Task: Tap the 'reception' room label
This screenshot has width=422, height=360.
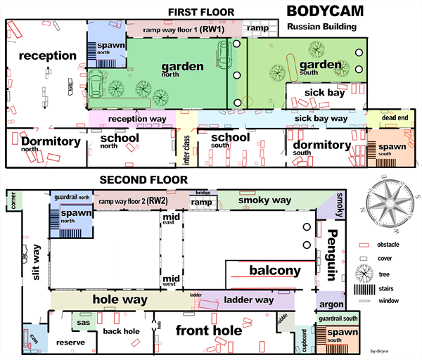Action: coord(47,56)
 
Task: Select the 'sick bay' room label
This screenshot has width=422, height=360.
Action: coord(325,92)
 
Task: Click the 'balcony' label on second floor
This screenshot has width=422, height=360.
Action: coord(275,271)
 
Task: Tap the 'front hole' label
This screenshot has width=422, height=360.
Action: coord(210,330)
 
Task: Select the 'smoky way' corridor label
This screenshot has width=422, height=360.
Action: coord(264,200)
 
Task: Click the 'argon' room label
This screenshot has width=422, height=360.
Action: coord(330,304)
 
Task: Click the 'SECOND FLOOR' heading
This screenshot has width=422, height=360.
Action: coord(143,180)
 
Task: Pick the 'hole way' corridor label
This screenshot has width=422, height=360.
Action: coord(120,300)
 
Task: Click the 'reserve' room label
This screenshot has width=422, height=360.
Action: coord(70,342)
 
